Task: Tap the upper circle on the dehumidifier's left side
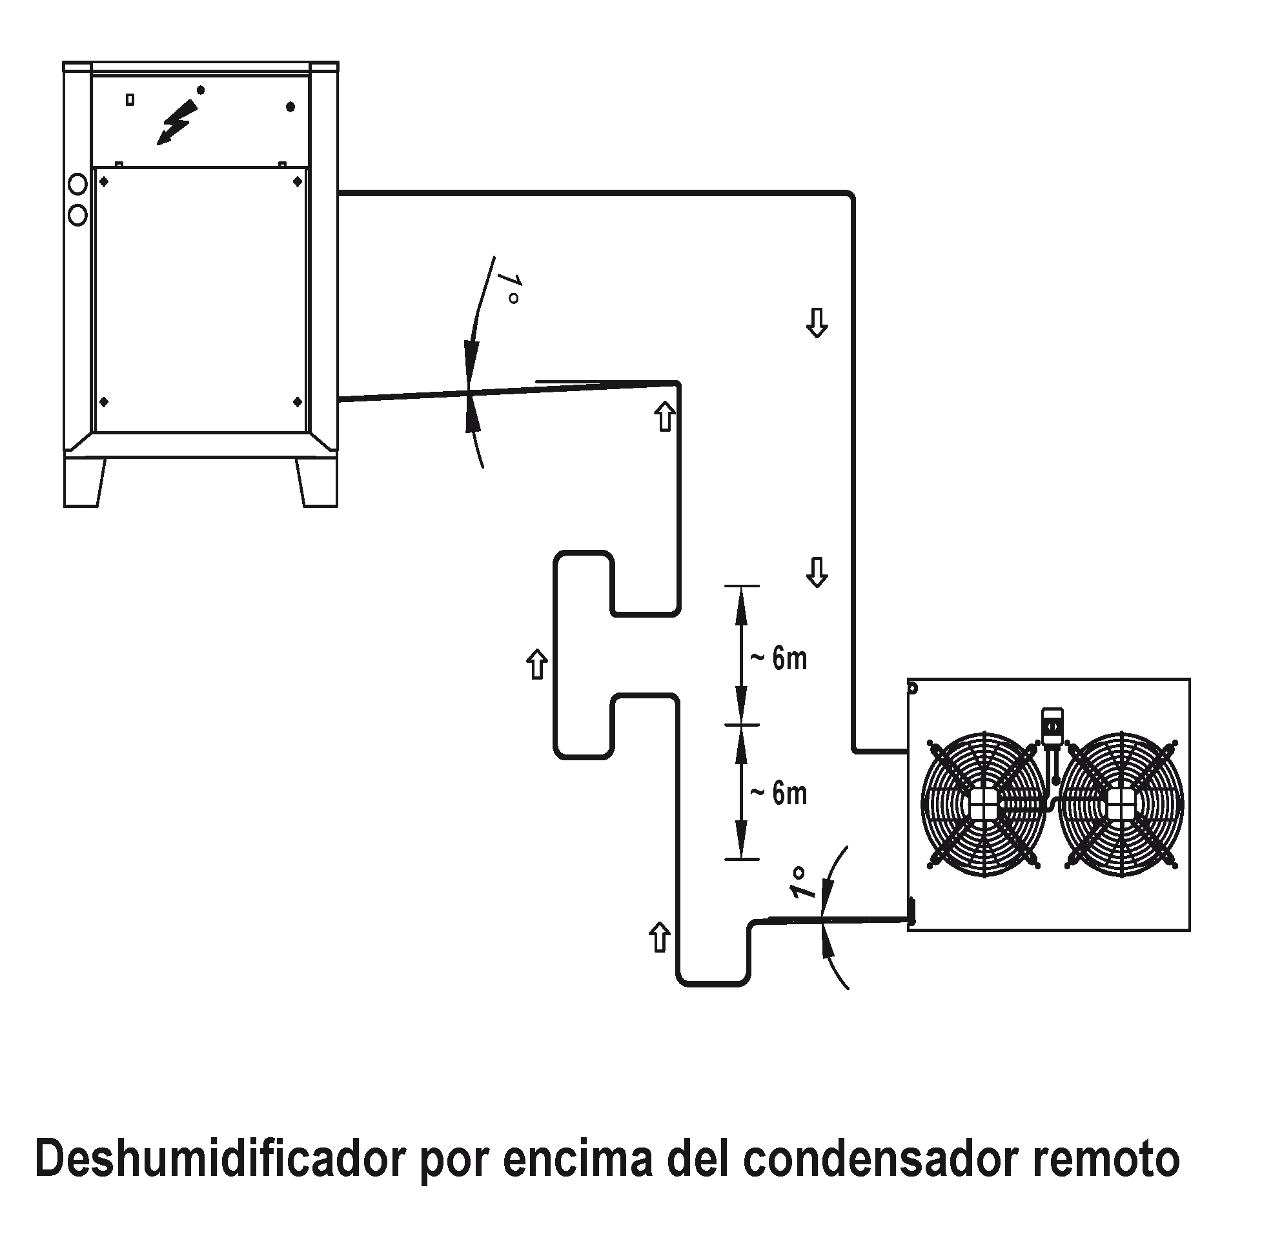pos(77,185)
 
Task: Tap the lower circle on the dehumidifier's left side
pos(77,216)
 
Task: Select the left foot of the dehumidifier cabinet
pos(84,483)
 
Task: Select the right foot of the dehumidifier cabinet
pos(317,483)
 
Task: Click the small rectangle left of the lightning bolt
pos(130,99)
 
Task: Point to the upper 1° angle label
pos(508,287)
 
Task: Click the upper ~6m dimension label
pos(778,658)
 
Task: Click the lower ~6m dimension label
pos(778,793)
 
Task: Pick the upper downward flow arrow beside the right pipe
pos(817,323)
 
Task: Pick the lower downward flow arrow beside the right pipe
pos(817,572)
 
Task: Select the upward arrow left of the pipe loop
pos(537,664)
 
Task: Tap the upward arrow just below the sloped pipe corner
pos(665,416)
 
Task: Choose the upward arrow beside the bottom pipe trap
pos(660,936)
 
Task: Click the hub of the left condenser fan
pos(984,804)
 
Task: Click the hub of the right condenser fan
pos(1121,804)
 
